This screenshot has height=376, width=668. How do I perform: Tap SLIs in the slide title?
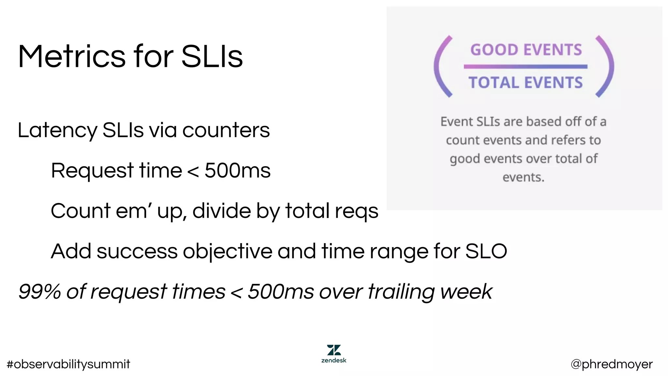pos(212,56)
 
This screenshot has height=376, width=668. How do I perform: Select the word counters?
pos(226,130)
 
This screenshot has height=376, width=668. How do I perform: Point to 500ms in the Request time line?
pos(237,170)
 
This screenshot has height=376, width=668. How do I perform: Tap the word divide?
pos(221,211)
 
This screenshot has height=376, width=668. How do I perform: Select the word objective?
pos(227,252)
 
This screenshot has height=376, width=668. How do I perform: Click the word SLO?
pos(486,251)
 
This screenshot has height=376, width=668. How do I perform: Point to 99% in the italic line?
pos(39,291)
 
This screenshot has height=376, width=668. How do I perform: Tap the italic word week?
pos(466,291)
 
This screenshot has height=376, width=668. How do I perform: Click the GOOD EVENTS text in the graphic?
pos(526,50)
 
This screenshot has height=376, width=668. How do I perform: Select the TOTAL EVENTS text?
pos(526,83)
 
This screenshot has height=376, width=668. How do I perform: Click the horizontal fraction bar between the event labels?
pos(525,67)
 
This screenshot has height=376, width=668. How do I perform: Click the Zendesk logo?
pos(334,353)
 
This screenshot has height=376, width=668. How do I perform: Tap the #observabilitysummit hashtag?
pos(68,364)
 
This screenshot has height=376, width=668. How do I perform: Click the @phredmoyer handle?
pos(612,364)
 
